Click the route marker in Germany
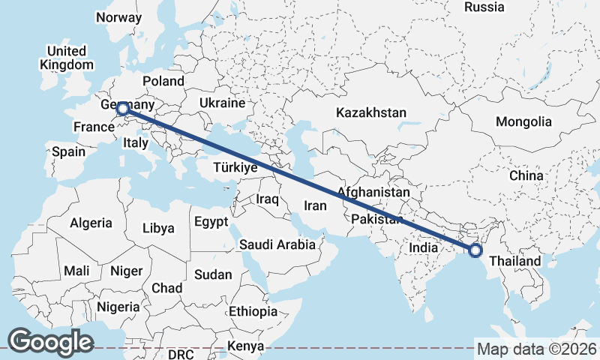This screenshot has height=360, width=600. point(123,109)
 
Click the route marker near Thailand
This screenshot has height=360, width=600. point(475,250)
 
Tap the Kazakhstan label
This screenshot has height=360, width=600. point(370,113)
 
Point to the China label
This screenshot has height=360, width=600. point(526,175)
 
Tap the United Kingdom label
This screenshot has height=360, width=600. point(67,58)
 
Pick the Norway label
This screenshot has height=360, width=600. point(118,18)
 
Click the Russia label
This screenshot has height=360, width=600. point(484,7)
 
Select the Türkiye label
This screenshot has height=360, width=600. point(235,168)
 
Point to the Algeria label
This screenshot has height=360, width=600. point(91,223)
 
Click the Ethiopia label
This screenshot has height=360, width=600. point(253,311)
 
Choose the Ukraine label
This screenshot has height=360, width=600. point(223,103)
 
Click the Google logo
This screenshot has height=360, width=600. point(50,342)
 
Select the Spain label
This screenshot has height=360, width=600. point(68,151)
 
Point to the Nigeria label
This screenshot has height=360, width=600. point(118,307)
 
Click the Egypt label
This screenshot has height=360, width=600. point(210,222)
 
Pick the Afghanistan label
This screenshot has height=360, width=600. point(373,193)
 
